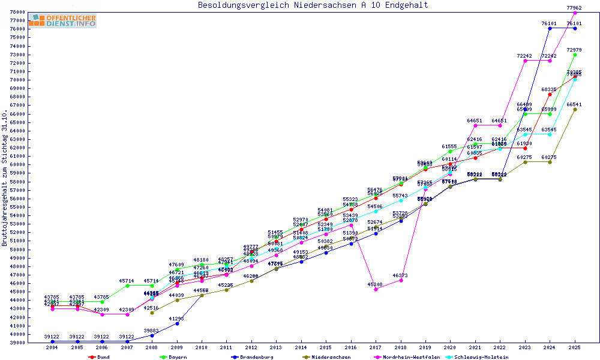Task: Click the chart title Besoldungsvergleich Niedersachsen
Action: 313,5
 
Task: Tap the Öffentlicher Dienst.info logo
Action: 62,20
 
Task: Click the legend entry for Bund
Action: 103,357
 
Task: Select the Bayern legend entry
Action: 177,357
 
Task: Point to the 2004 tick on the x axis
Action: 52,347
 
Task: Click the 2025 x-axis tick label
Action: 575,347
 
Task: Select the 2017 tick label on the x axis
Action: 376,347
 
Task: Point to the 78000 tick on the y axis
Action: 17,12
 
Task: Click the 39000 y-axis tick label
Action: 17,343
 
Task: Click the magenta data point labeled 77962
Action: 575,13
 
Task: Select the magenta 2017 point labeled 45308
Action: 376,289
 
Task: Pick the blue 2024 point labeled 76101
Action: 550,28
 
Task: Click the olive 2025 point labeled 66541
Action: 575,109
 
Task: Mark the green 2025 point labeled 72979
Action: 575,55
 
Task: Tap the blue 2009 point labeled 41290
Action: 177,323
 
